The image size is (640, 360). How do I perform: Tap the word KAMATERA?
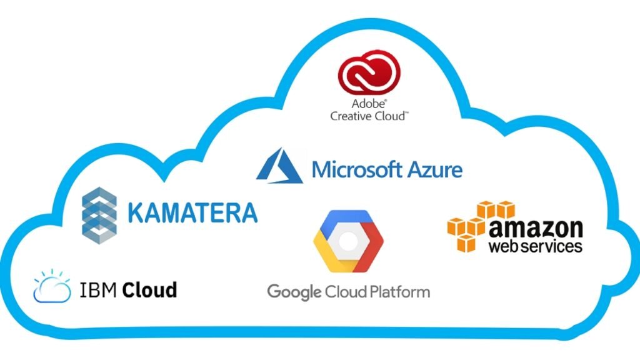(x=192, y=213)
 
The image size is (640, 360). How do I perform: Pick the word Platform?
(x=398, y=292)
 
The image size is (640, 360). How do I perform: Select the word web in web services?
(x=504, y=246)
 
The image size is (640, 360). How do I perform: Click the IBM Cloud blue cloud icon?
(x=52, y=289)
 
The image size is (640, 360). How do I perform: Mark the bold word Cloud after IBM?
(x=149, y=290)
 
